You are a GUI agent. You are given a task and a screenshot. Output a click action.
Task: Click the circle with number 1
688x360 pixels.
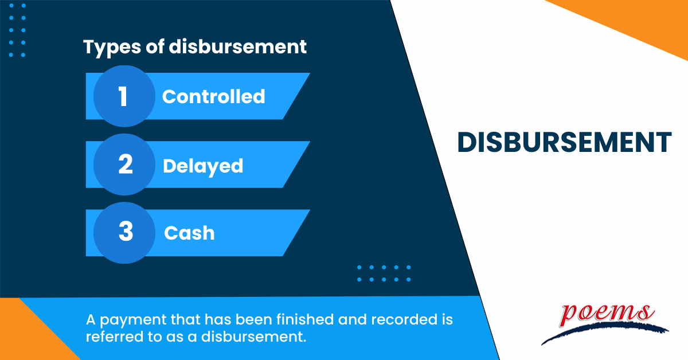tap(123, 96)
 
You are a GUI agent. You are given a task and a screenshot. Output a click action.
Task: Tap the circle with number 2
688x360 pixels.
tap(124, 165)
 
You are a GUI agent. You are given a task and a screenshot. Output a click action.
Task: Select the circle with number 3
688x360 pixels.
tap(124, 233)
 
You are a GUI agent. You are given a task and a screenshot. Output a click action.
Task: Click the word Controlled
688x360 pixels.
tap(213, 96)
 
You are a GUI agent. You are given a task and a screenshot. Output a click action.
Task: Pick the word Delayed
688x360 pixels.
tap(203, 166)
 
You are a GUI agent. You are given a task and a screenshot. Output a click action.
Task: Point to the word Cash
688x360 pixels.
tap(189, 233)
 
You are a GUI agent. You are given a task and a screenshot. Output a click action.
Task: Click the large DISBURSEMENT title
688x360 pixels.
tap(564, 143)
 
